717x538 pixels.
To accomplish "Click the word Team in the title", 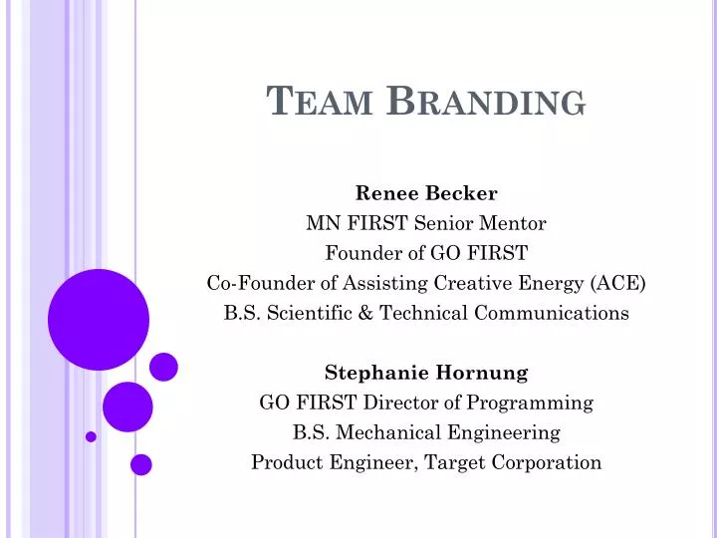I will tap(322, 101).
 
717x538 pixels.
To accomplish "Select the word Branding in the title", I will tap(485, 101).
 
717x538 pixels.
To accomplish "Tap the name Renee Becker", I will tap(426, 193).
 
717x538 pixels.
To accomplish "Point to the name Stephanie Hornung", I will tap(426, 373).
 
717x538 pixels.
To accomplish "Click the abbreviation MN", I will tap(321, 223).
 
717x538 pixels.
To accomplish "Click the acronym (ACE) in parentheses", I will tap(617, 283).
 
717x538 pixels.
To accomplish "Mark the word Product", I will tap(287, 462).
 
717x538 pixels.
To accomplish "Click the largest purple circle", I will tap(99, 319).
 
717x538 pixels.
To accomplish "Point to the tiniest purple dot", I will tap(91, 436).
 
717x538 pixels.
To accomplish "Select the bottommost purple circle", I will tap(141, 464).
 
